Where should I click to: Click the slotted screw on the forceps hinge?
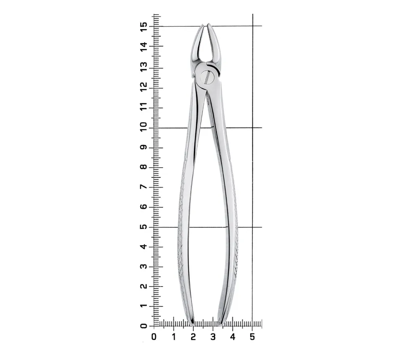[207, 77]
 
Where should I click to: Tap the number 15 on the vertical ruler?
[143, 26]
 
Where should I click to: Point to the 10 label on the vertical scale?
[143, 126]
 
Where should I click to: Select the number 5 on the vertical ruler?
[143, 227]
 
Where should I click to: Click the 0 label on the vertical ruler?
[143, 326]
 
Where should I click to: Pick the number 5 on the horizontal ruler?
[252, 337]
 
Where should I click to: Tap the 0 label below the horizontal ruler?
[154, 337]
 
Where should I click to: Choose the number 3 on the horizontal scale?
[213, 337]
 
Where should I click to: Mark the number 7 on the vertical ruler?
[143, 187]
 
